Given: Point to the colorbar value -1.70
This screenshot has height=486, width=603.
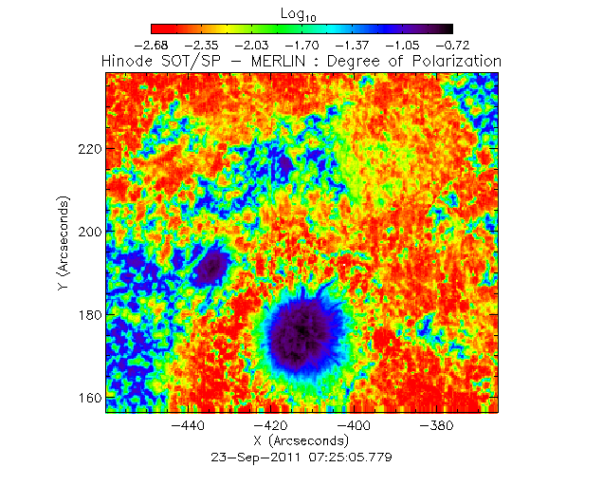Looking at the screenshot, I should [x=301, y=45].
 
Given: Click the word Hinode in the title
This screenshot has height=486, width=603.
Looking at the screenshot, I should [x=126, y=61].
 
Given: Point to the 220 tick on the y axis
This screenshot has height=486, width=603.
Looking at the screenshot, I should [x=89, y=150].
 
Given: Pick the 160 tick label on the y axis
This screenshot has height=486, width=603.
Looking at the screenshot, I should [x=89, y=398].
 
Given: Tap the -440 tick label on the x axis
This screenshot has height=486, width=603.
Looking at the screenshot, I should [x=192, y=426].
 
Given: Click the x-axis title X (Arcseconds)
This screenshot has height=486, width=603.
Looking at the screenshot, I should [x=301, y=441].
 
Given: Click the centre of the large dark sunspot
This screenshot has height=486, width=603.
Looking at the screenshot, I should [x=301, y=333].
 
